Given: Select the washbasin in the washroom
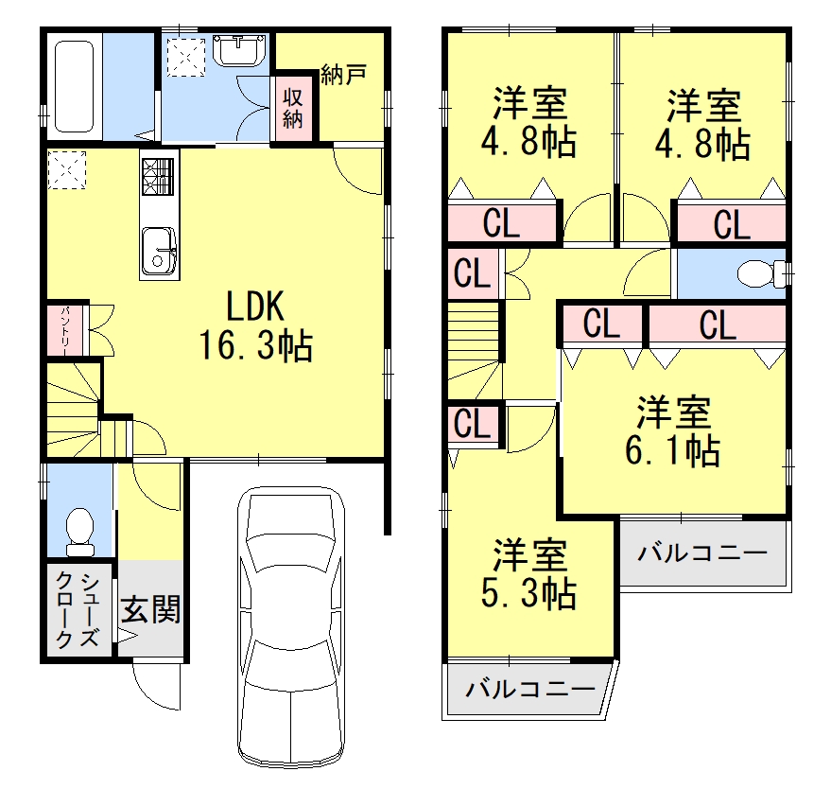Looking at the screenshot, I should click(240, 50).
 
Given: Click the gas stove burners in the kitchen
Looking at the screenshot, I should click(159, 174).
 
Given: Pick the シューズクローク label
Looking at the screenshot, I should click(78, 610).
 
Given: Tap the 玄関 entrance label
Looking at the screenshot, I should click(149, 610).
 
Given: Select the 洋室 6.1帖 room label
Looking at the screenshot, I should click(672, 430).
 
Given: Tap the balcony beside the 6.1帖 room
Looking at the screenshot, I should click(702, 552).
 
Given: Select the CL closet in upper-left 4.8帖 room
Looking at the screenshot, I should click(501, 224).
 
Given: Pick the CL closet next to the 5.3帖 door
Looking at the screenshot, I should click(471, 424).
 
